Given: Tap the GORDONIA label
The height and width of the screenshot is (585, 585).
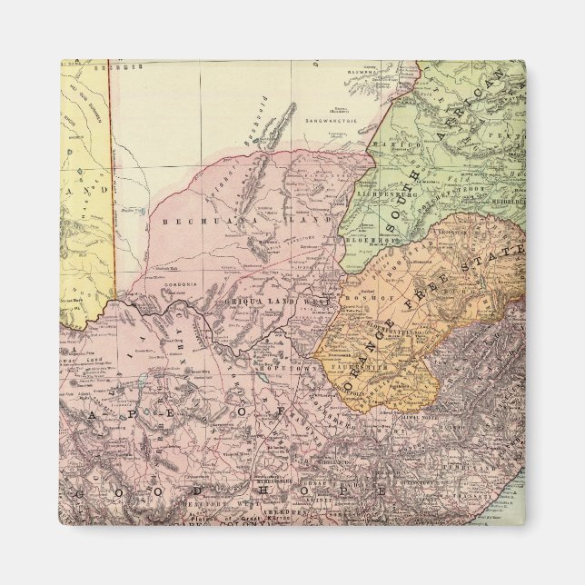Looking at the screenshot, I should (175, 284).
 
